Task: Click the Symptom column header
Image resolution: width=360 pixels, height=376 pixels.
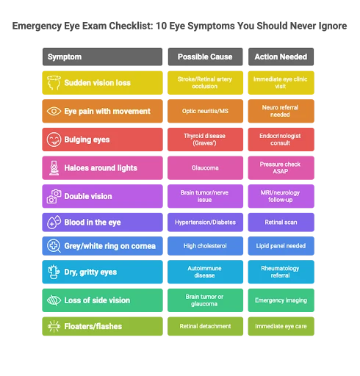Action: click(102, 57)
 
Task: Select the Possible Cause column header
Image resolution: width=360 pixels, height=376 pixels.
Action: click(205, 57)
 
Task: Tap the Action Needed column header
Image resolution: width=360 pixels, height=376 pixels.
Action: click(281, 57)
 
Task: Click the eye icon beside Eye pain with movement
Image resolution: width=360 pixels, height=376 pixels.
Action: click(54, 111)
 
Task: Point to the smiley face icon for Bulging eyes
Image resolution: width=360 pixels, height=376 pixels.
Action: click(54, 140)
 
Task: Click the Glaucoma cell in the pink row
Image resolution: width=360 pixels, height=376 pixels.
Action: click(205, 168)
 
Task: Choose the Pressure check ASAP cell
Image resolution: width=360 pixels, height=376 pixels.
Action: click(281, 168)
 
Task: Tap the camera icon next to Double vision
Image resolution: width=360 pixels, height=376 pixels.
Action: click(54, 196)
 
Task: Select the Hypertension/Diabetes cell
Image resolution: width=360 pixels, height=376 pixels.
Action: click(205, 223)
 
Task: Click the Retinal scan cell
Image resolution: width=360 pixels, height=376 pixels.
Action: click(281, 223)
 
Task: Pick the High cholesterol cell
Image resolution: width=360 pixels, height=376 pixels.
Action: click(205, 246)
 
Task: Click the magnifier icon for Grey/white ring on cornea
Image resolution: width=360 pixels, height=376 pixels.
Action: click(54, 246)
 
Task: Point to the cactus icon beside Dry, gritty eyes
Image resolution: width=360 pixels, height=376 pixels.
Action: click(54, 272)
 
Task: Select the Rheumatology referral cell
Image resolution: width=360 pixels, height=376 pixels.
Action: click(281, 272)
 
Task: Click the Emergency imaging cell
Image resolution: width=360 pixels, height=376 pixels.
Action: click(281, 300)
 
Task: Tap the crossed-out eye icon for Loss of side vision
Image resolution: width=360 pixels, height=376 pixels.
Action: click(54, 300)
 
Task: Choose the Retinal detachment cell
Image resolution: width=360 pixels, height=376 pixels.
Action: click(205, 326)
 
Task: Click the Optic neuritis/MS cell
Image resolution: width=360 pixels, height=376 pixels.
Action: click(205, 111)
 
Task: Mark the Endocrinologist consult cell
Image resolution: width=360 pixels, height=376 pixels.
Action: click(281, 140)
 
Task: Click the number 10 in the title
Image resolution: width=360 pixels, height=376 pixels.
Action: click(161, 26)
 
